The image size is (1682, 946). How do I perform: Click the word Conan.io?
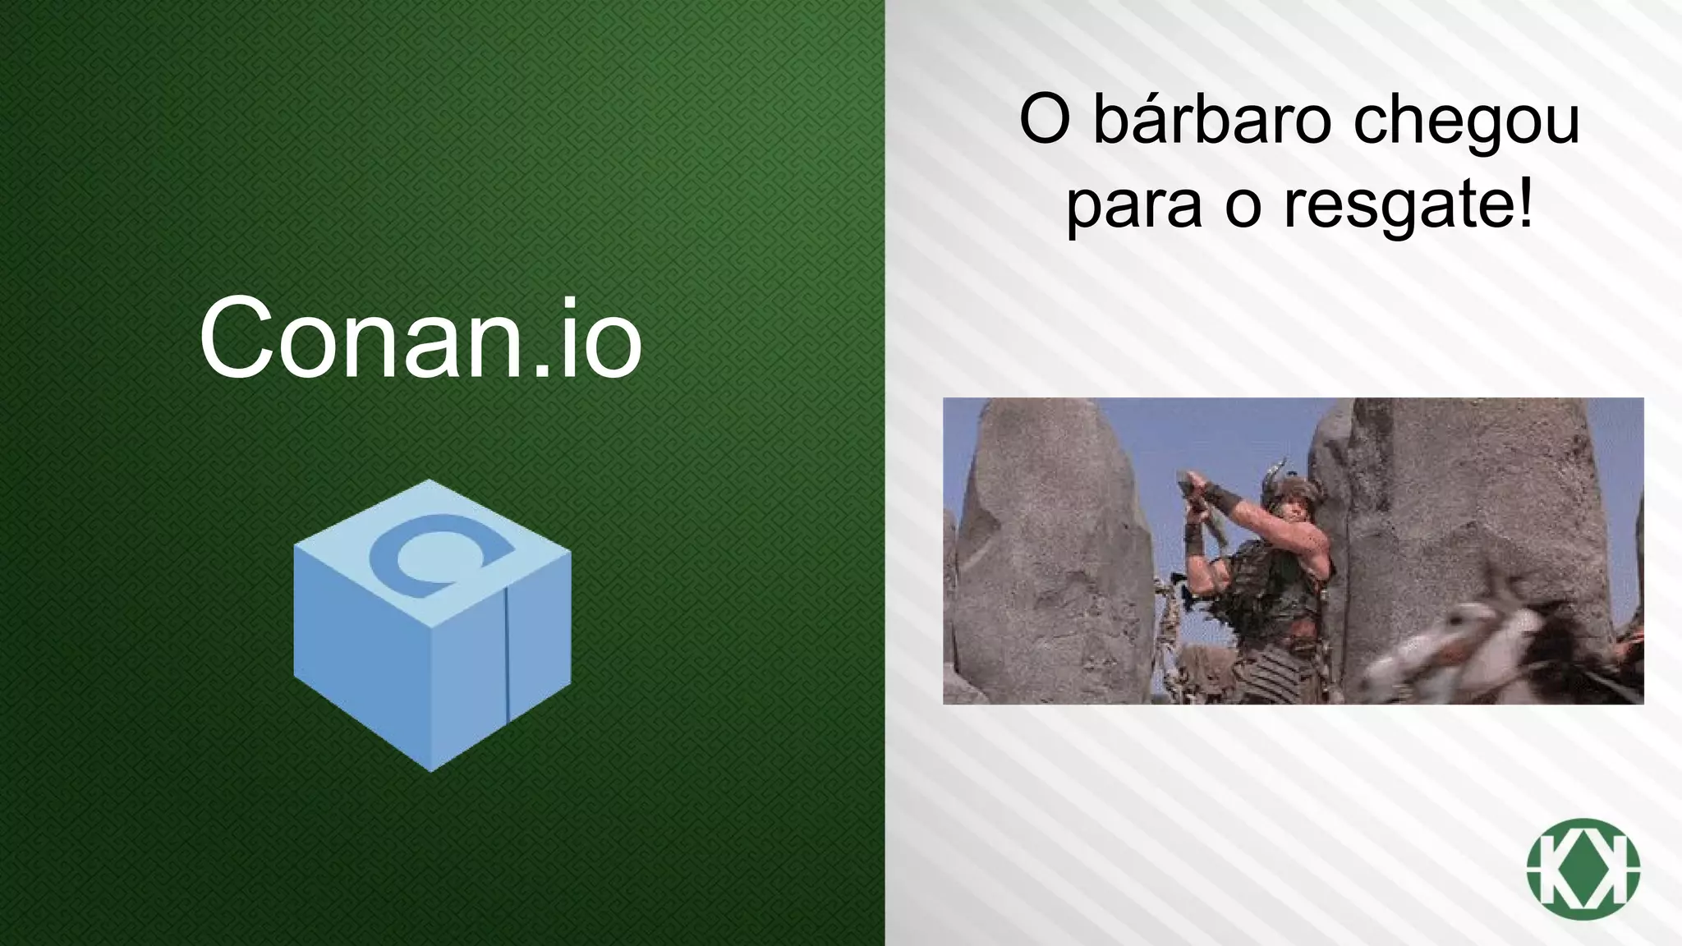420,339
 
